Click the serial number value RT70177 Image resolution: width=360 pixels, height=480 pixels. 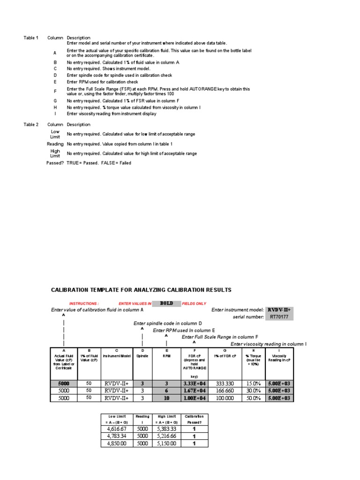click(279, 317)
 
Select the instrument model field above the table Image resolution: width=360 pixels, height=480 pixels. click(279, 310)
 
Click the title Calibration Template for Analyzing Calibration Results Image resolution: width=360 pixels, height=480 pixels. click(141, 290)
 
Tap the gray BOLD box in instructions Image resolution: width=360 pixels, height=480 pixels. click(166, 303)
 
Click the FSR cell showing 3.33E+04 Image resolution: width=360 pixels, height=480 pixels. click(194, 383)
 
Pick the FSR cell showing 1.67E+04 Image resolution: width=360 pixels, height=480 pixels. click(194, 390)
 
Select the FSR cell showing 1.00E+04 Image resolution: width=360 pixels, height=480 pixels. click(194, 398)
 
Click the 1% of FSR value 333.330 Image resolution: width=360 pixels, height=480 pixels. click(225, 383)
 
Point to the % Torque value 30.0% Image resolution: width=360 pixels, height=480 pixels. click(253, 390)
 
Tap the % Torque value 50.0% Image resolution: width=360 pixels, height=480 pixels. click(253, 398)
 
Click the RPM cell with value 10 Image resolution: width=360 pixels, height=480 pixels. click(166, 398)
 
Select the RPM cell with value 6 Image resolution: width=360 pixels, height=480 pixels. click(166, 390)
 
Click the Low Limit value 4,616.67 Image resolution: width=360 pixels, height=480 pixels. click(117, 428)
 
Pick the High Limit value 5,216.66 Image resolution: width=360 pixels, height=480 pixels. click(167, 436)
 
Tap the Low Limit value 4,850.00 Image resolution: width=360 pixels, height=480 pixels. click(117, 443)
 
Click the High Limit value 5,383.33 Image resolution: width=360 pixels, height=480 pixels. click(167, 428)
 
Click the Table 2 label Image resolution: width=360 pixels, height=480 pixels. click(31, 125)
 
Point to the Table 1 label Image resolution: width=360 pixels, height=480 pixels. click(31, 37)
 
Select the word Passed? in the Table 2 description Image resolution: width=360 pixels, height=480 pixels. click(55, 163)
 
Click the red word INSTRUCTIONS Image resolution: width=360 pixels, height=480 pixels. click(84, 304)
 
